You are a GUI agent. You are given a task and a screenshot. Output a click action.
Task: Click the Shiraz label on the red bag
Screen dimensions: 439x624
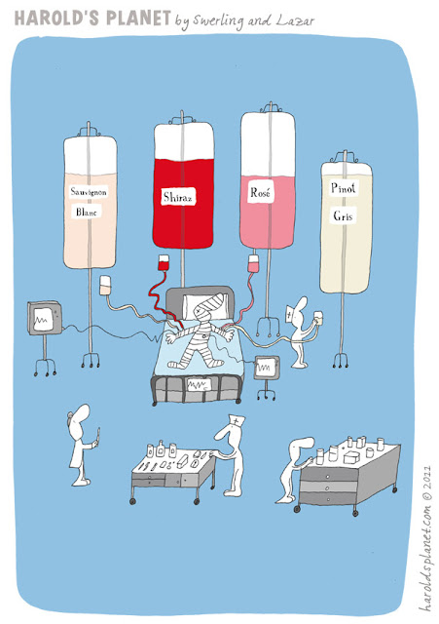pyautogui.click(x=178, y=196)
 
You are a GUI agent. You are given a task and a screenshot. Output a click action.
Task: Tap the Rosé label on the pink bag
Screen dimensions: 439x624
pyautogui.click(x=261, y=193)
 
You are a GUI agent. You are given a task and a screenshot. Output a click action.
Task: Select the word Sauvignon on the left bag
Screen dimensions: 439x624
pyautogui.click(x=89, y=192)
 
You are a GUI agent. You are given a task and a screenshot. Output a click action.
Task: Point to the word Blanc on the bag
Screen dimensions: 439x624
pyautogui.click(x=87, y=212)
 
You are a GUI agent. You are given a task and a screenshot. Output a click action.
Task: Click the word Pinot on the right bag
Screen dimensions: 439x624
pyautogui.click(x=344, y=188)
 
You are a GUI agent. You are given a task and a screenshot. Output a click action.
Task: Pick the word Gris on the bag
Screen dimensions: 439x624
pyautogui.click(x=343, y=215)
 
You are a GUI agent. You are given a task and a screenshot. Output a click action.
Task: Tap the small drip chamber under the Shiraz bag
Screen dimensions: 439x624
pyautogui.click(x=164, y=262)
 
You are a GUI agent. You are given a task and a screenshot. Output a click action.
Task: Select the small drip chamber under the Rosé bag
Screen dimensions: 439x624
pyautogui.click(x=253, y=264)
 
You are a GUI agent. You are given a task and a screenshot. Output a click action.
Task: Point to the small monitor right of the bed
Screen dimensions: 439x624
pyautogui.click(x=267, y=368)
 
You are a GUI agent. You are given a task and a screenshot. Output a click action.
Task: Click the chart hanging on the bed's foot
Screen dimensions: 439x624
pyautogui.click(x=199, y=384)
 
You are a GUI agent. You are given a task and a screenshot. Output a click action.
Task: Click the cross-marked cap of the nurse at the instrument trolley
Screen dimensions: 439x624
pyautogui.click(x=237, y=419)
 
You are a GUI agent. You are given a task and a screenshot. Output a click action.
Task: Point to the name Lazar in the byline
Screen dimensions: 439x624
pyautogui.click(x=295, y=20)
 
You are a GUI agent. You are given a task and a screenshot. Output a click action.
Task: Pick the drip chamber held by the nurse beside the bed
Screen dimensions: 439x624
pyautogui.click(x=318, y=318)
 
